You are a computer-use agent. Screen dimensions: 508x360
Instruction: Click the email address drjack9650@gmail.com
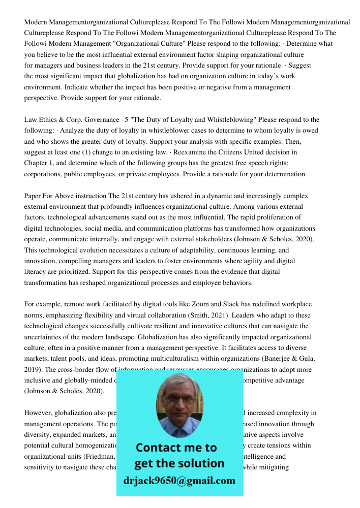pos(179,480)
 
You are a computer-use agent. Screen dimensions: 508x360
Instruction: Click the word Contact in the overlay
pos(158,448)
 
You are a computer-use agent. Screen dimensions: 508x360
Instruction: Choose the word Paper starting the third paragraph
pos(33,196)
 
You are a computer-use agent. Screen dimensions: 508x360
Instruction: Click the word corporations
pos(44,174)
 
